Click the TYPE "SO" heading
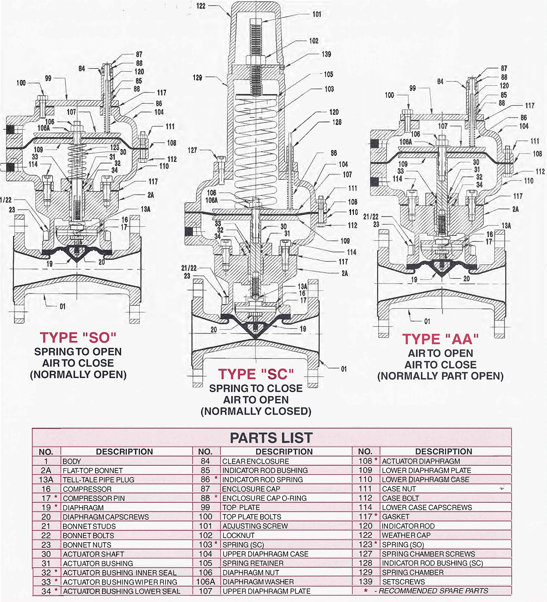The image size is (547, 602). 78,337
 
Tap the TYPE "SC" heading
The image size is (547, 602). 256,374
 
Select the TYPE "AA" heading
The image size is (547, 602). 440,339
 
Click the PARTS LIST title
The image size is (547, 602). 271,438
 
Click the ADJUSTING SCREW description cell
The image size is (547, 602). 255,526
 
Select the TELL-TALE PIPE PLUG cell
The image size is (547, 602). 98,479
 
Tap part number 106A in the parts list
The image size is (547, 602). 205,582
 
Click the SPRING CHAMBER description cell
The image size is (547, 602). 413,573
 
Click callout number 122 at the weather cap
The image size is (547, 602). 201,6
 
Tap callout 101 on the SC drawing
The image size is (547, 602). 317,14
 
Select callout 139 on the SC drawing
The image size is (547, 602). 326,54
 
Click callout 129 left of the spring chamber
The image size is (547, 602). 197,78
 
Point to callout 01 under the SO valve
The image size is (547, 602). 62,307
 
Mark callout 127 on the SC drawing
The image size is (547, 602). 192,150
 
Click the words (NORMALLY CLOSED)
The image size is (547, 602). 256,411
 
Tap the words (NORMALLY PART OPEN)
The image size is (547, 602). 440,376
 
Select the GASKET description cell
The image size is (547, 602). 396,516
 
